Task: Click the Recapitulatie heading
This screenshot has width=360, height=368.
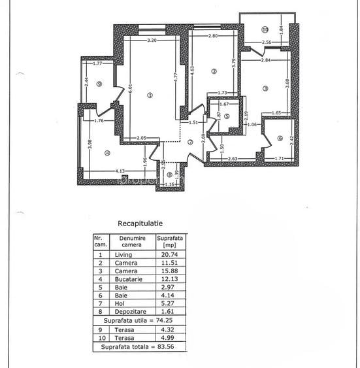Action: [140, 222]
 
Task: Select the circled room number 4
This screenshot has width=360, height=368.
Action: [107, 153]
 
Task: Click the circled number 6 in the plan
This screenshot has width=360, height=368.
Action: [279, 138]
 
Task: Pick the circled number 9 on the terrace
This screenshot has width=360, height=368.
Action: [99, 84]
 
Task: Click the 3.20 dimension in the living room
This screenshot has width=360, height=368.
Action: [152, 41]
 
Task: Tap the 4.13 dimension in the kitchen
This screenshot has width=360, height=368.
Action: [120, 171]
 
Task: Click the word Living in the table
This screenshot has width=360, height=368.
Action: [123, 254]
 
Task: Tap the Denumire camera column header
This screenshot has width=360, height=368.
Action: [131, 241]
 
